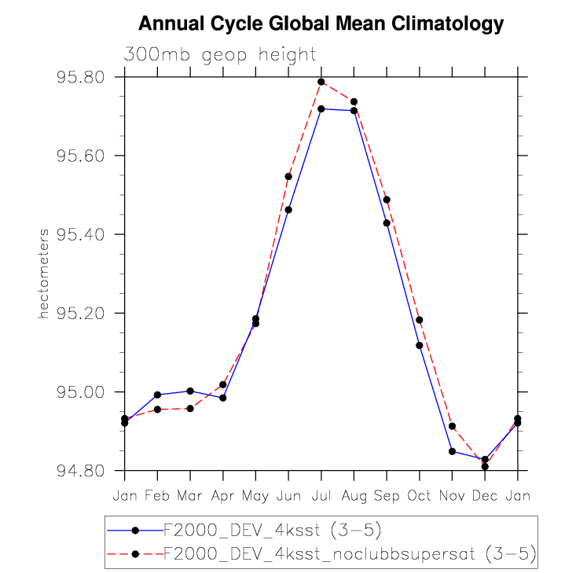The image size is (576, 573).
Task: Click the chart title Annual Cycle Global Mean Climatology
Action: [321, 24]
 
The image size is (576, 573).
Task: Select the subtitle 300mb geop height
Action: [220, 54]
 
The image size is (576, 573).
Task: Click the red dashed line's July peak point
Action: [321, 82]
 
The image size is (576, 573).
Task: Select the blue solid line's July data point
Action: [321, 108]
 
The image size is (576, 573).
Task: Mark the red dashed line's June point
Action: [288, 176]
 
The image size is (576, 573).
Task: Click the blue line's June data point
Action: [288, 210]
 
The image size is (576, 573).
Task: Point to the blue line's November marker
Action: [452, 451]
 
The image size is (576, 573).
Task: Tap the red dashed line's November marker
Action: [452, 426]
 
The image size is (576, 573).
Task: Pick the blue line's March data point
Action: [190, 391]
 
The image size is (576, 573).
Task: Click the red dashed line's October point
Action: [420, 320]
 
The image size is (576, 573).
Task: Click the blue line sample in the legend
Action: [135, 530]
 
